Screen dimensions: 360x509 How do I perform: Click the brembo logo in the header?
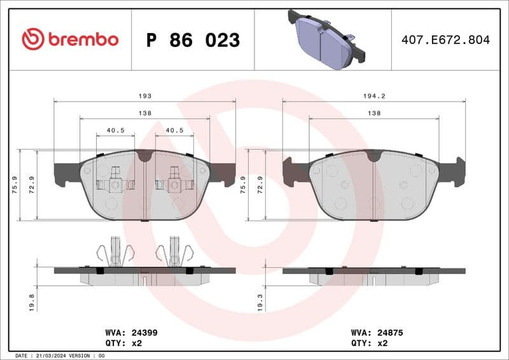(x=70, y=39)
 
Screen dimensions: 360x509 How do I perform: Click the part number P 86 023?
(x=193, y=40)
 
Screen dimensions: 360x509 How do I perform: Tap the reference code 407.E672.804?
(x=445, y=39)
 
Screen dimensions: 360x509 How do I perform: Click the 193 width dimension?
(x=145, y=95)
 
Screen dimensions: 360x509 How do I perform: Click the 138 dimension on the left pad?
(x=145, y=113)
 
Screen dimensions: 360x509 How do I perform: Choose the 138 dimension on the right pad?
(x=374, y=113)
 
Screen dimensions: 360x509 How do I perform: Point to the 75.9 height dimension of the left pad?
(x=14, y=185)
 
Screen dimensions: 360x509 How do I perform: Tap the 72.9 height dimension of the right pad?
(x=260, y=185)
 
